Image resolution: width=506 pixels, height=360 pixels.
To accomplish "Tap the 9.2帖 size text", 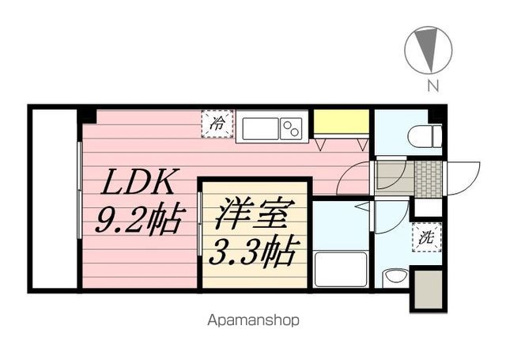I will tap(139, 218).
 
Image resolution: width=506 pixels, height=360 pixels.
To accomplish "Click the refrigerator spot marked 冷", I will tap(216, 124).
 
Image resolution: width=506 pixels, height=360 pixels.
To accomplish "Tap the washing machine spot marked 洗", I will tap(425, 237).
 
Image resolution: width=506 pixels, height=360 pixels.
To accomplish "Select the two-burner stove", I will tap(292, 128).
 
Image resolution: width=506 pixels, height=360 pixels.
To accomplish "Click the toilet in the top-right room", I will tap(424, 137).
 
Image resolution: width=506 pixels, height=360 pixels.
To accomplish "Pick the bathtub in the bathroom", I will tap(341, 270).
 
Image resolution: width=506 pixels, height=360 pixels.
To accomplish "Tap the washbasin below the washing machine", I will tap(395, 278).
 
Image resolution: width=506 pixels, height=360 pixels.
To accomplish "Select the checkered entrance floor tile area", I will tap(427, 179).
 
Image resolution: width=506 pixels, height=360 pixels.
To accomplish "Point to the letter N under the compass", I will tap(433, 86).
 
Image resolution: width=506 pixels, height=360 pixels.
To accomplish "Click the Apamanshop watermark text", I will tap(253, 321).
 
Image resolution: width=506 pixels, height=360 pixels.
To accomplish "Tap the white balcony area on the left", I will tap(54, 199).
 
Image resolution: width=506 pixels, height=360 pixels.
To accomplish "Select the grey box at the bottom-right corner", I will tap(426, 289).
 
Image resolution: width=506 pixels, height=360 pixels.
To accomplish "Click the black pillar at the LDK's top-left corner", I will tap(87, 116).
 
